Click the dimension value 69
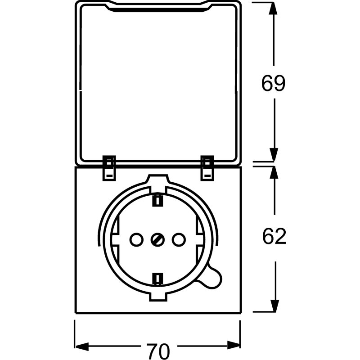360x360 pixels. (x=274, y=83)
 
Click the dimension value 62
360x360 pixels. (x=274, y=236)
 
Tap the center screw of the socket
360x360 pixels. (x=157, y=239)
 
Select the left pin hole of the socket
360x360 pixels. (x=135, y=239)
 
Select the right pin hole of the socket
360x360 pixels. (x=179, y=239)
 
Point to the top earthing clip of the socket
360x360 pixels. (x=157, y=200)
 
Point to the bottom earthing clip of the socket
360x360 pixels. (x=157, y=279)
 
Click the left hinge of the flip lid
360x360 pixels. (x=109, y=167)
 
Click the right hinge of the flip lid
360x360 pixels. (x=207, y=167)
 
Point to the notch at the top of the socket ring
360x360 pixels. (x=157, y=181)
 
